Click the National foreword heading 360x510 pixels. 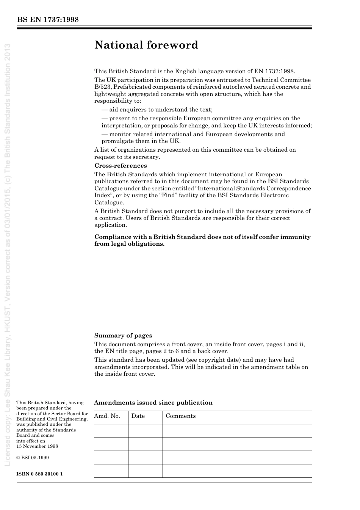(146, 45)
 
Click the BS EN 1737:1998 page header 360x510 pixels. (48, 20)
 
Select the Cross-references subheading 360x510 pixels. (121, 166)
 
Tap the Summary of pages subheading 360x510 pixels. (123, 336)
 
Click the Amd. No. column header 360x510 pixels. (107, 416)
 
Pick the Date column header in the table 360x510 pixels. (138, 416)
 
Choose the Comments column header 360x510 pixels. (181, 416)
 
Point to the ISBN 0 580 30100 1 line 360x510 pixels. (39, 474)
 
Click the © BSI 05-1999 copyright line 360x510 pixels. (33, 458)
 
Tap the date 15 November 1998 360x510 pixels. (37, 446)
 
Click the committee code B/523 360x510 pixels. (103, 87)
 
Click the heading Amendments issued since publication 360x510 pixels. (153, 403)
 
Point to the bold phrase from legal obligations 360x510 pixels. (130, 244)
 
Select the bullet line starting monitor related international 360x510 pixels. (193, 134)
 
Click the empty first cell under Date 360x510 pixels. (145, 431)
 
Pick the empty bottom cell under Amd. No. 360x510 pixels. (111, 471)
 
